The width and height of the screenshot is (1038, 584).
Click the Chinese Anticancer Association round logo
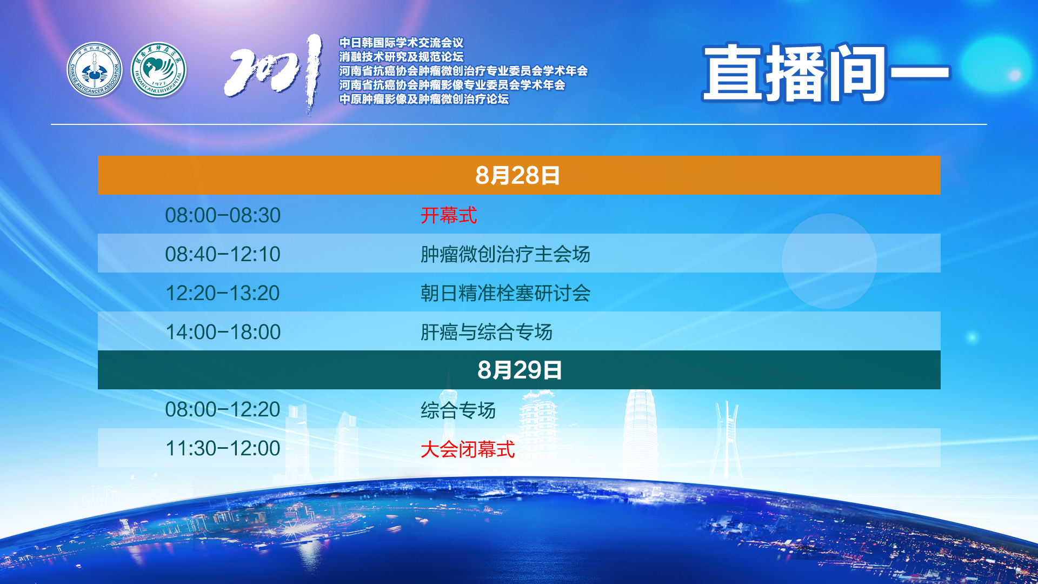click(x=95, y=70)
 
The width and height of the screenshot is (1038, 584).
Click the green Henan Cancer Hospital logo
click(x=158, y=70)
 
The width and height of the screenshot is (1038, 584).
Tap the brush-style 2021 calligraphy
click(x=274, y=73)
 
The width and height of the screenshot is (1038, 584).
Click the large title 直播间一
click(x=826, y=73)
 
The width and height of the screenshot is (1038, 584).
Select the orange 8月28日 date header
click(x=519, y=175)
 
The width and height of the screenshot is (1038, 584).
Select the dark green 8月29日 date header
click(x=519, y=370)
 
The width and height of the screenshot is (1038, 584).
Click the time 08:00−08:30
click(x=223, y=215)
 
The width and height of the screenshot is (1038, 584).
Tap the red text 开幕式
click(x=449, y=215)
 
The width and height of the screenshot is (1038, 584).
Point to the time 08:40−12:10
click(x=223, y=254)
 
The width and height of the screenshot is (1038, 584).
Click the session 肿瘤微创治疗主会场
click(x=505, y=254)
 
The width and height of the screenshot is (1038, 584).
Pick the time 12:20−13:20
click(x=223, y=293)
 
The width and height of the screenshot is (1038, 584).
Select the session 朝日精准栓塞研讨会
click(x=505, y=293)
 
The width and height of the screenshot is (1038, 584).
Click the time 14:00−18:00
click(x=223, y=332)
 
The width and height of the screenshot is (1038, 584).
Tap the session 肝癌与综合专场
click(x=487, y=332)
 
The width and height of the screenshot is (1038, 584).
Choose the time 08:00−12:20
click(x=223, y=409)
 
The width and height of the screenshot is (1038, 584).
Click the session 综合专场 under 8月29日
click(x=458, y=410)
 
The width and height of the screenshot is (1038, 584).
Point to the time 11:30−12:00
click(x=223, y=448)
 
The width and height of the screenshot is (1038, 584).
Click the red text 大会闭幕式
click(x=468, y=449)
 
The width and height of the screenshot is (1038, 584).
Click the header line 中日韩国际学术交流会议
click(x=401, y=43)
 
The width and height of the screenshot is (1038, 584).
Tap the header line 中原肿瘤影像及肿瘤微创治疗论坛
click(x=424, y=99)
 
